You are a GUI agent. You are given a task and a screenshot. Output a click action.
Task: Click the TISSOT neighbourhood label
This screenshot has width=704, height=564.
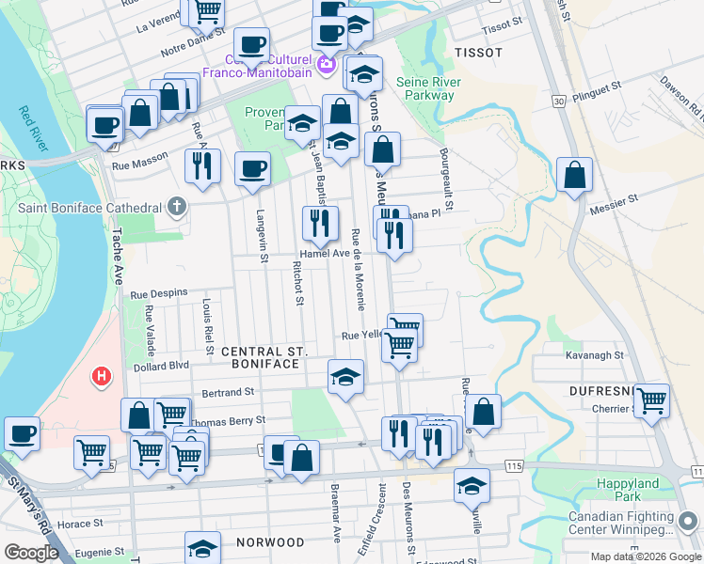coord(478,53)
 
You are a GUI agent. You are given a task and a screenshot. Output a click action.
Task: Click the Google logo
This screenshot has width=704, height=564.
coord(30,553)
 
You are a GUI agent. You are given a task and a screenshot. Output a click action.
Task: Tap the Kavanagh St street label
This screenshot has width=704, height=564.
coord(595,356)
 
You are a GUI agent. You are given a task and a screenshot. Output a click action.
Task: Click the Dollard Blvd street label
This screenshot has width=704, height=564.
coord(161,366)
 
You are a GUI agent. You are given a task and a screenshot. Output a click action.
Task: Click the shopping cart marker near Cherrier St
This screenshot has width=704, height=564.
coord(651,399)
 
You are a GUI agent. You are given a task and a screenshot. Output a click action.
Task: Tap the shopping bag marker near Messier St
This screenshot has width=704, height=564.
coord(574,174)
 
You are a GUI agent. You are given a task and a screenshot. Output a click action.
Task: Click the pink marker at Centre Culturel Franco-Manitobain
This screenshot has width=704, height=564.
coord(327,64)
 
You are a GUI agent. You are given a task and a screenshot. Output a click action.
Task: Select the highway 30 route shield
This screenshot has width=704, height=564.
coord(559,101)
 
